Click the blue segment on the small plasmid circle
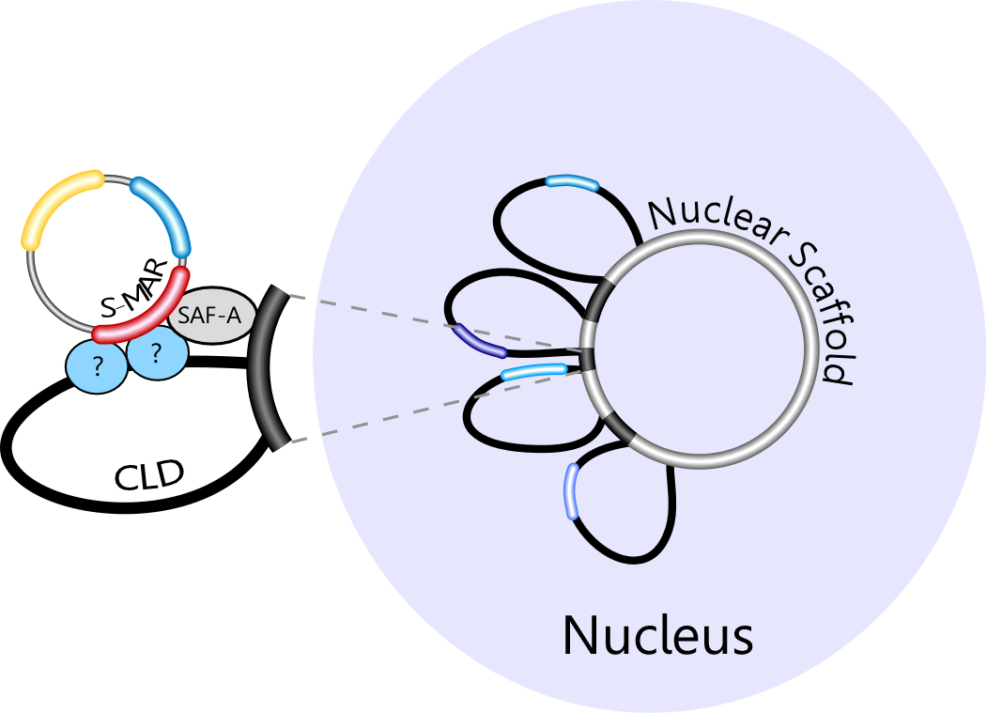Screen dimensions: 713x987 [x=165, y=211]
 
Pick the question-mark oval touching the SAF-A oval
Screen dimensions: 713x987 [x=156, y=353]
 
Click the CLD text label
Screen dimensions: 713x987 [x=149, y=477]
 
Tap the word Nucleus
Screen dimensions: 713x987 [x=657, y=635]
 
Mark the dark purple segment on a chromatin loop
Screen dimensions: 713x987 [x=479, y=341]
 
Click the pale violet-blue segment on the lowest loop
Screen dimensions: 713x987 [x=570, y=491]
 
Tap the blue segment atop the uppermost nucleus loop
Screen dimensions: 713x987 [x=572, y=181]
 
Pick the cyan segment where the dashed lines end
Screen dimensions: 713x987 [x=532, y=373]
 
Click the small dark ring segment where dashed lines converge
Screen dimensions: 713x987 [x=588, y=359]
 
